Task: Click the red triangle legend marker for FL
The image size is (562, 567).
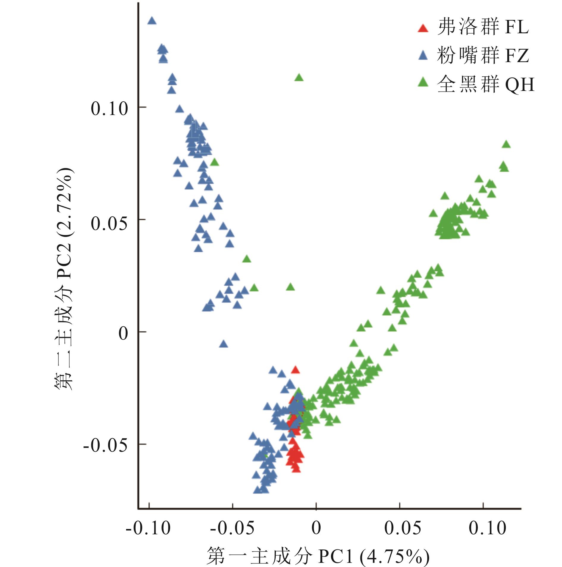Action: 423,28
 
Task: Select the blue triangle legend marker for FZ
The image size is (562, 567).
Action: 423,56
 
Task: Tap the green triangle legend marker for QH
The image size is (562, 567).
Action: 423,82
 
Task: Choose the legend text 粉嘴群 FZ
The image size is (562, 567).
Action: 483,56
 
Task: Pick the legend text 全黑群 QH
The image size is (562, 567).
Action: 486,84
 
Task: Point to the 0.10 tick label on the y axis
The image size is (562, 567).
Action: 109,109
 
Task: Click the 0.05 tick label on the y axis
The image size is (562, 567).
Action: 109,224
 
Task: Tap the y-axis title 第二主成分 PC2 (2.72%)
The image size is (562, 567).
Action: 63,279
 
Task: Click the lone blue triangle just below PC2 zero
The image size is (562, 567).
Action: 224,344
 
